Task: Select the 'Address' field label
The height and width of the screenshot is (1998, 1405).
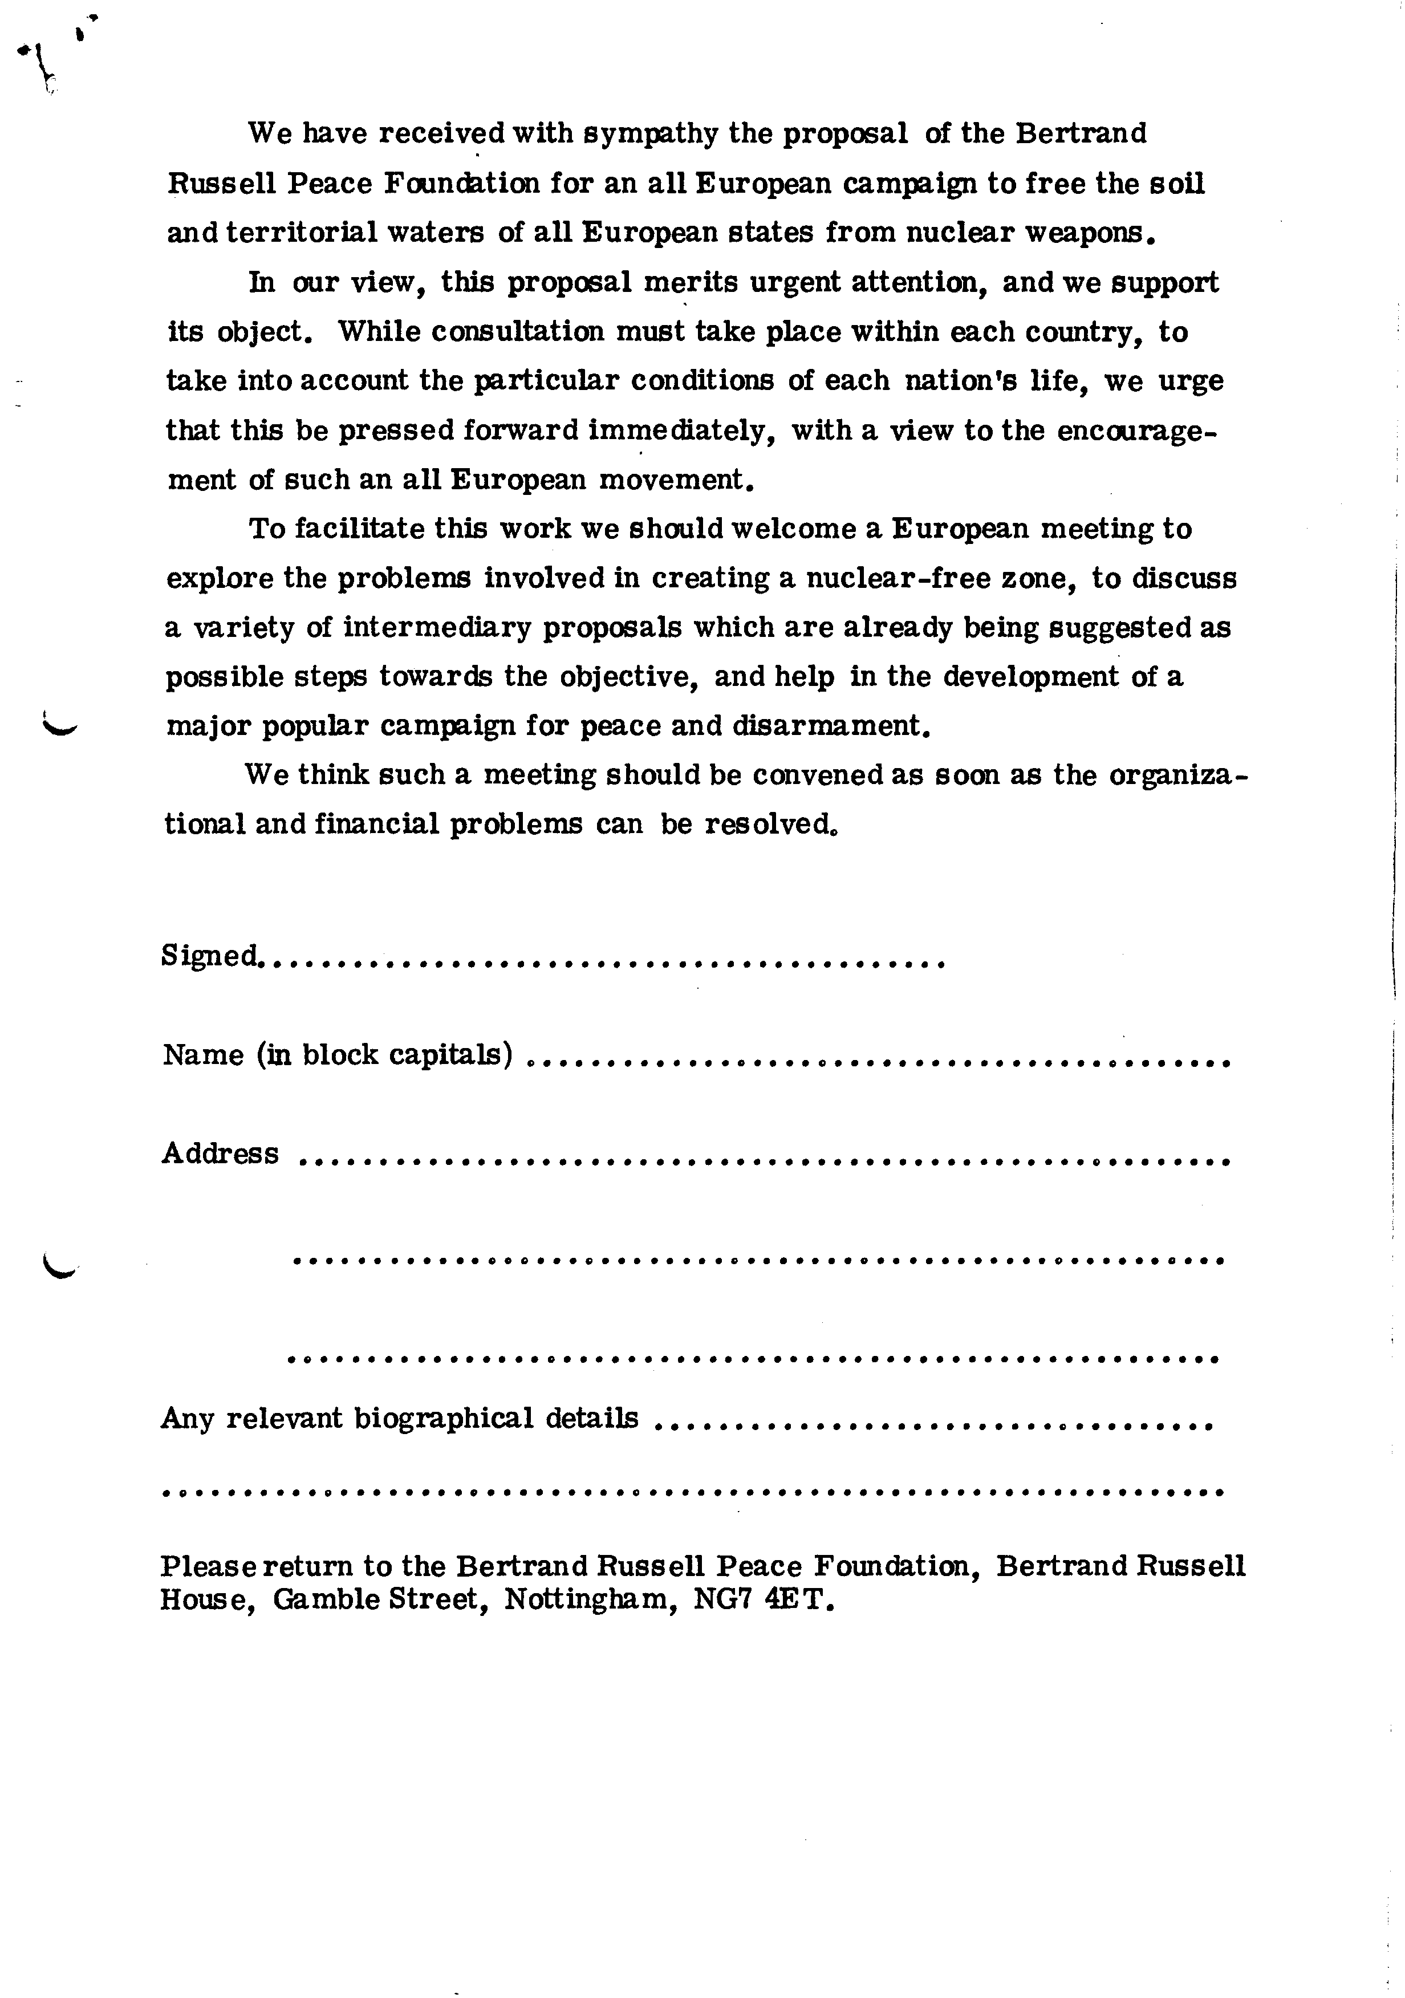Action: coord(220,1154)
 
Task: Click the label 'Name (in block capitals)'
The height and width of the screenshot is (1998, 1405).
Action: coord(336,1055)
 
